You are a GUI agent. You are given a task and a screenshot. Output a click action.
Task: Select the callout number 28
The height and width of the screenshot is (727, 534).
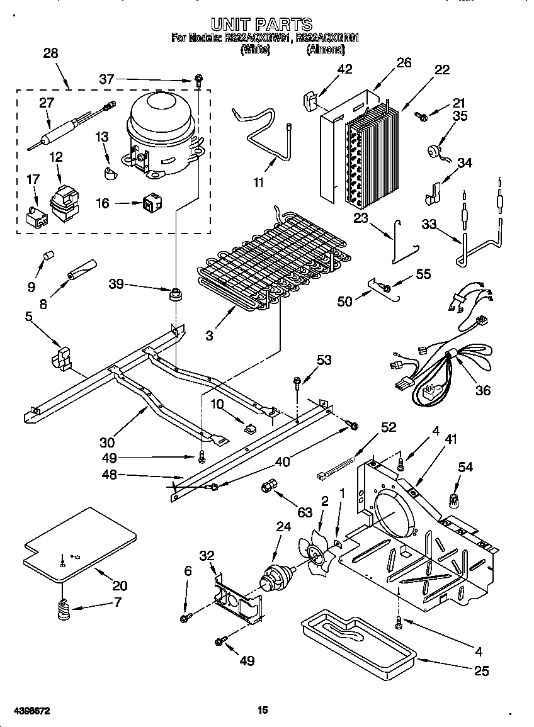click(x=50, y=54)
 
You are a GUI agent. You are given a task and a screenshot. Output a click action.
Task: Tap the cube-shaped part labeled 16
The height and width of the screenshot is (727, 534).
click(x=151, y=203)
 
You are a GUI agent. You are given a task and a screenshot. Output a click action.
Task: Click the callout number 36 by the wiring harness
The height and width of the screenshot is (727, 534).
click(x=482, y=390)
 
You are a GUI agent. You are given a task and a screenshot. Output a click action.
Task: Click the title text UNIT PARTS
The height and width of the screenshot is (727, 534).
click(x=261, y=25)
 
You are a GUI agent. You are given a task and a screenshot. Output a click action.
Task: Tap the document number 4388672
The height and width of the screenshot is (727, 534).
click(x=26, y=711)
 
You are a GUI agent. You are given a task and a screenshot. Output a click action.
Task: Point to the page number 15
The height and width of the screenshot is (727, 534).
click(x=263, y=711)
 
